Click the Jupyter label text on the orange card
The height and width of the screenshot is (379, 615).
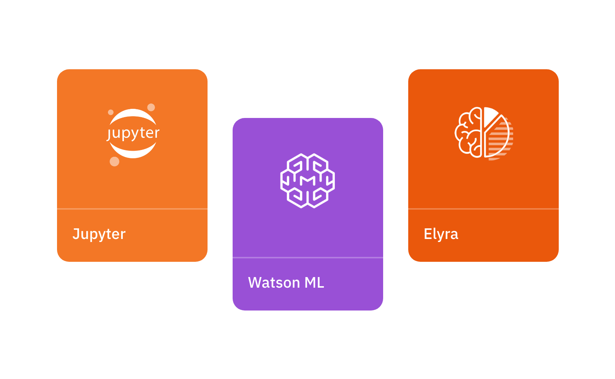coord(99,234)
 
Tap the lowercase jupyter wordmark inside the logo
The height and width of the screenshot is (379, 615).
coord(133,133)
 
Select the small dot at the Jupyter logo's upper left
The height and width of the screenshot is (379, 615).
coord(111,112)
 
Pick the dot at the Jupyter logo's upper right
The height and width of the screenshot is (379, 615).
coord(151,107)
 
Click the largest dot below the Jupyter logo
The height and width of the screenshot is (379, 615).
coord(114,161)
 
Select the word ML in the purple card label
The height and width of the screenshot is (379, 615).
coord(314,283)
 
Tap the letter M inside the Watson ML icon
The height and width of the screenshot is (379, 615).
coord(307,180)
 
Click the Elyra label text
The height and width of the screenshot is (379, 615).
coord(441,234)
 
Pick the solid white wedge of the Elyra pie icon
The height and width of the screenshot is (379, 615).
coord(490,116)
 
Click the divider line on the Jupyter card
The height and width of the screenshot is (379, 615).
coord(132,209)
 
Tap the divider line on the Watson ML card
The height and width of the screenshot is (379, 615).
coord(308,258)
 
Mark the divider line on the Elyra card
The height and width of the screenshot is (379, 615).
coord(483,209)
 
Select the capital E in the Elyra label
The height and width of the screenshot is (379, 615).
coord(428,234)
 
